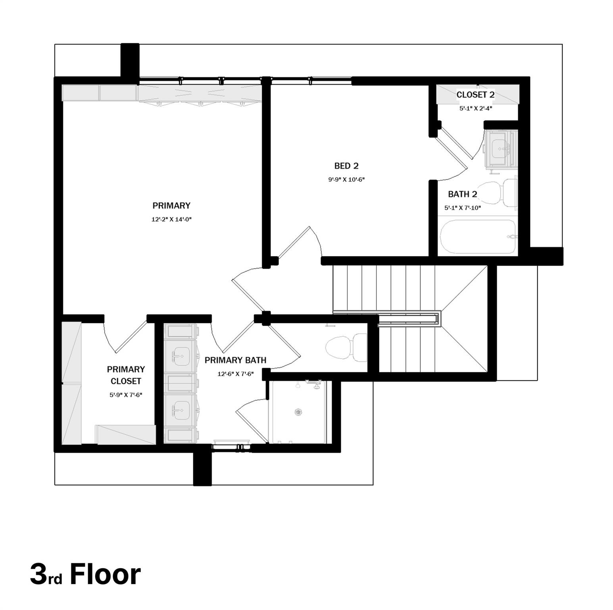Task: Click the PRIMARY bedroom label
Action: pos(171,206)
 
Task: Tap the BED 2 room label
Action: pos(346,166)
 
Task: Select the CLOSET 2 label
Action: pos(475,95)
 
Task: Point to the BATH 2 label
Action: pos(462,194)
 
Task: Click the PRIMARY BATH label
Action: pos(235,360)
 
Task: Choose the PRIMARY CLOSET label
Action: pos(126,375)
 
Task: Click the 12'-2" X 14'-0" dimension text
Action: pos(171,219)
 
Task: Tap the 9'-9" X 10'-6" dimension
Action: pos(346,180)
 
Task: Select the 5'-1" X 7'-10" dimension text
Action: pos(463,207)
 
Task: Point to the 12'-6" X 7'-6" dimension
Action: pos(235,374)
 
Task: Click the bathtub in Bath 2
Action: pos(478,237)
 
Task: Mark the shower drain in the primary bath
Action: pos(298,412)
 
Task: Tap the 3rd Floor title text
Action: pos(85,574)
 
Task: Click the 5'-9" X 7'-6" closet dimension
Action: pos(126,395)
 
